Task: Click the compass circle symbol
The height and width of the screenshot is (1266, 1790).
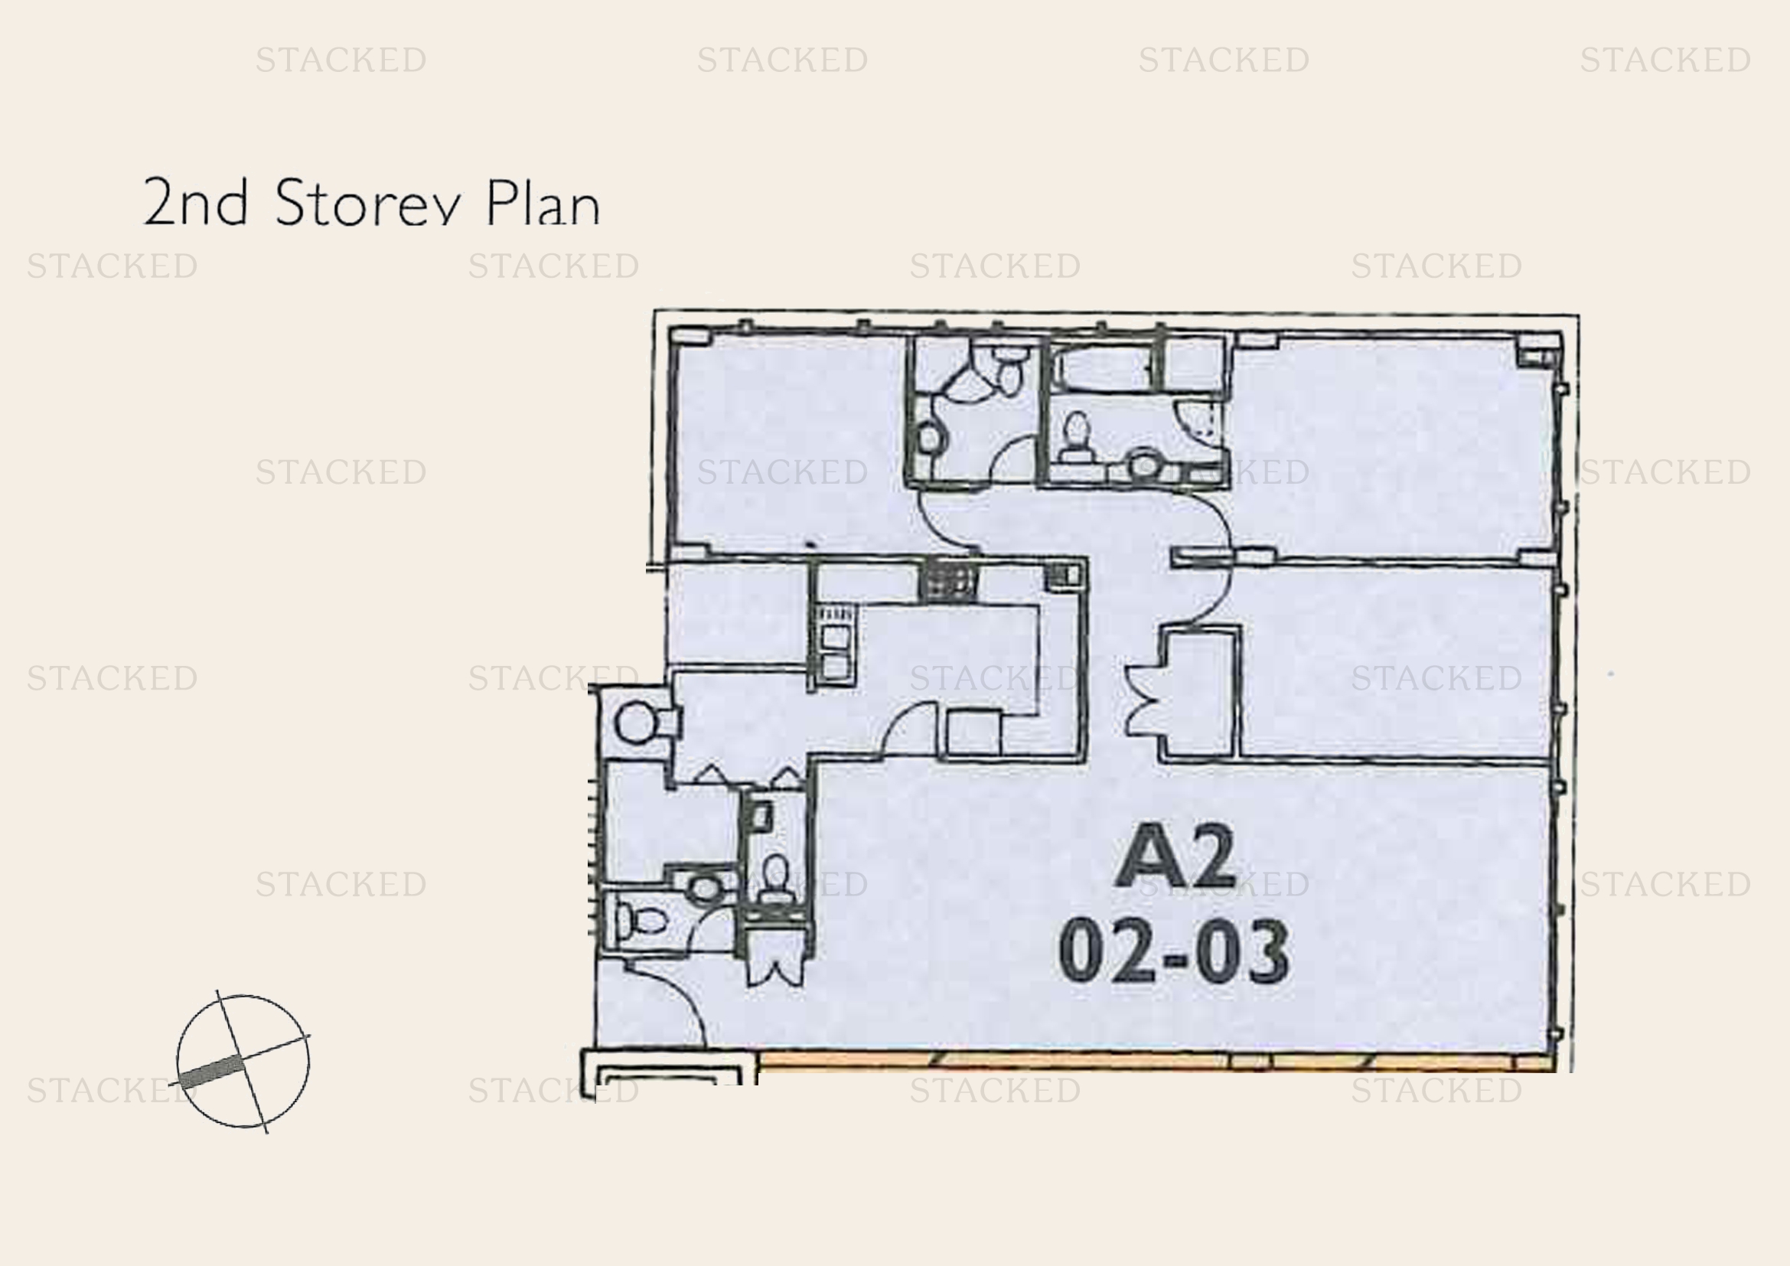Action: click(243, 1061)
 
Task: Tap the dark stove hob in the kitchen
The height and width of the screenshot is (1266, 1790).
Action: click(948, 581)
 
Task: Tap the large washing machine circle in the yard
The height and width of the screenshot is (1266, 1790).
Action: click(636, 723)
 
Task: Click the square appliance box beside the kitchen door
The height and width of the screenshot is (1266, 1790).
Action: click(973, 733)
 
